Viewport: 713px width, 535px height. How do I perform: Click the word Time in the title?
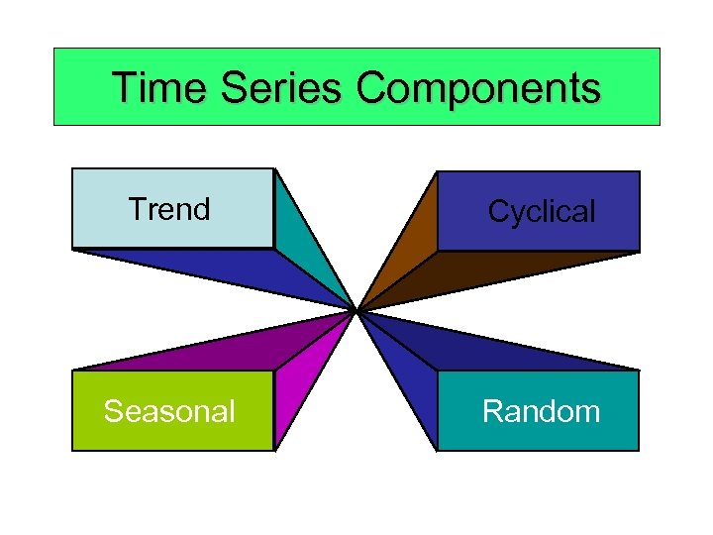[160, 88]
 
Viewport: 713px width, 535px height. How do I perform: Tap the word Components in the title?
[478, 88]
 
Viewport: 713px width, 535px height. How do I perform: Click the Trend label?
[169, 210]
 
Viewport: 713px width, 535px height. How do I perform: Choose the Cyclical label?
[542, 211]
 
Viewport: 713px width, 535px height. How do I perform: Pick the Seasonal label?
[169, 411]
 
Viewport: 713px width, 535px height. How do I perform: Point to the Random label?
[541, 411]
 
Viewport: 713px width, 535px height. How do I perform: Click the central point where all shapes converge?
[356, 311]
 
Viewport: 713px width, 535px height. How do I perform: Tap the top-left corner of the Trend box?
[72, 169]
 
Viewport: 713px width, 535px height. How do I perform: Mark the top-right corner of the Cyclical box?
[640, 172]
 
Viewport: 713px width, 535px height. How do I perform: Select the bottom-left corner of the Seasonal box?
[72, 451]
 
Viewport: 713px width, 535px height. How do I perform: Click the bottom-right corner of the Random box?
[640, 451]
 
